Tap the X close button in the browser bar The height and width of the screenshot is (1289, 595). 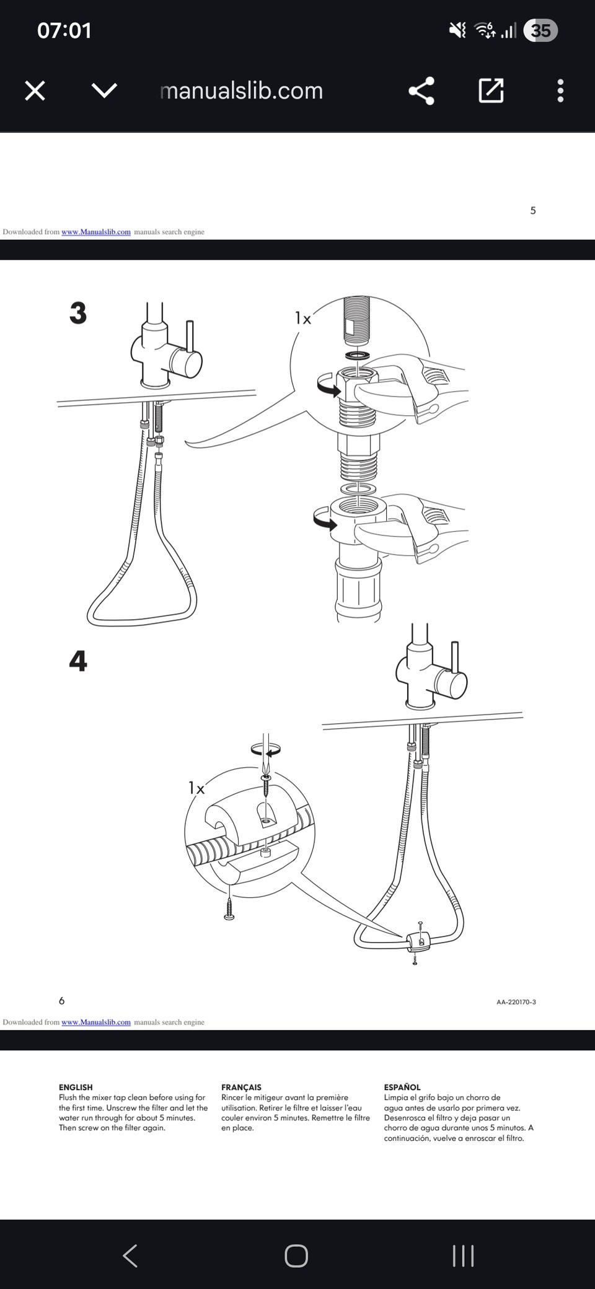point(35,91)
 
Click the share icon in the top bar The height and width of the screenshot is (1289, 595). point(421,91)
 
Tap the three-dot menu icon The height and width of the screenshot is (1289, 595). point(560,91)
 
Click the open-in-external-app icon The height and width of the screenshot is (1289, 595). point(491,90)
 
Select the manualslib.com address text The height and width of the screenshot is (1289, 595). point(242,91)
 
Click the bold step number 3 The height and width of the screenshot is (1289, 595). point(78,313)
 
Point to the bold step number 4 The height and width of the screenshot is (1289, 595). point(78,661)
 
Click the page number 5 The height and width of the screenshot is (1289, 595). point(533,211)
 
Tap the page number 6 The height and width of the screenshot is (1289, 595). point(61,1001)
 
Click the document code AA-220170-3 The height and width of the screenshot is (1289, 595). point(516,1002)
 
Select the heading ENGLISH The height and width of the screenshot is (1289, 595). point(76,1087)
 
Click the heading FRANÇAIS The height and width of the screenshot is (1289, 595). point(241,1087)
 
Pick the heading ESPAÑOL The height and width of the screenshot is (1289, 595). point(402,1087)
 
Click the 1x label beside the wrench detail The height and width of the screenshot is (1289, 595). point(303,319)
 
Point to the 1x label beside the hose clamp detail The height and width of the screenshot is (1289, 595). point(196,788)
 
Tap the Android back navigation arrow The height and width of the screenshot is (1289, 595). point(130,1256)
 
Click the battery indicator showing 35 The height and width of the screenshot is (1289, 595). point(540,30)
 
